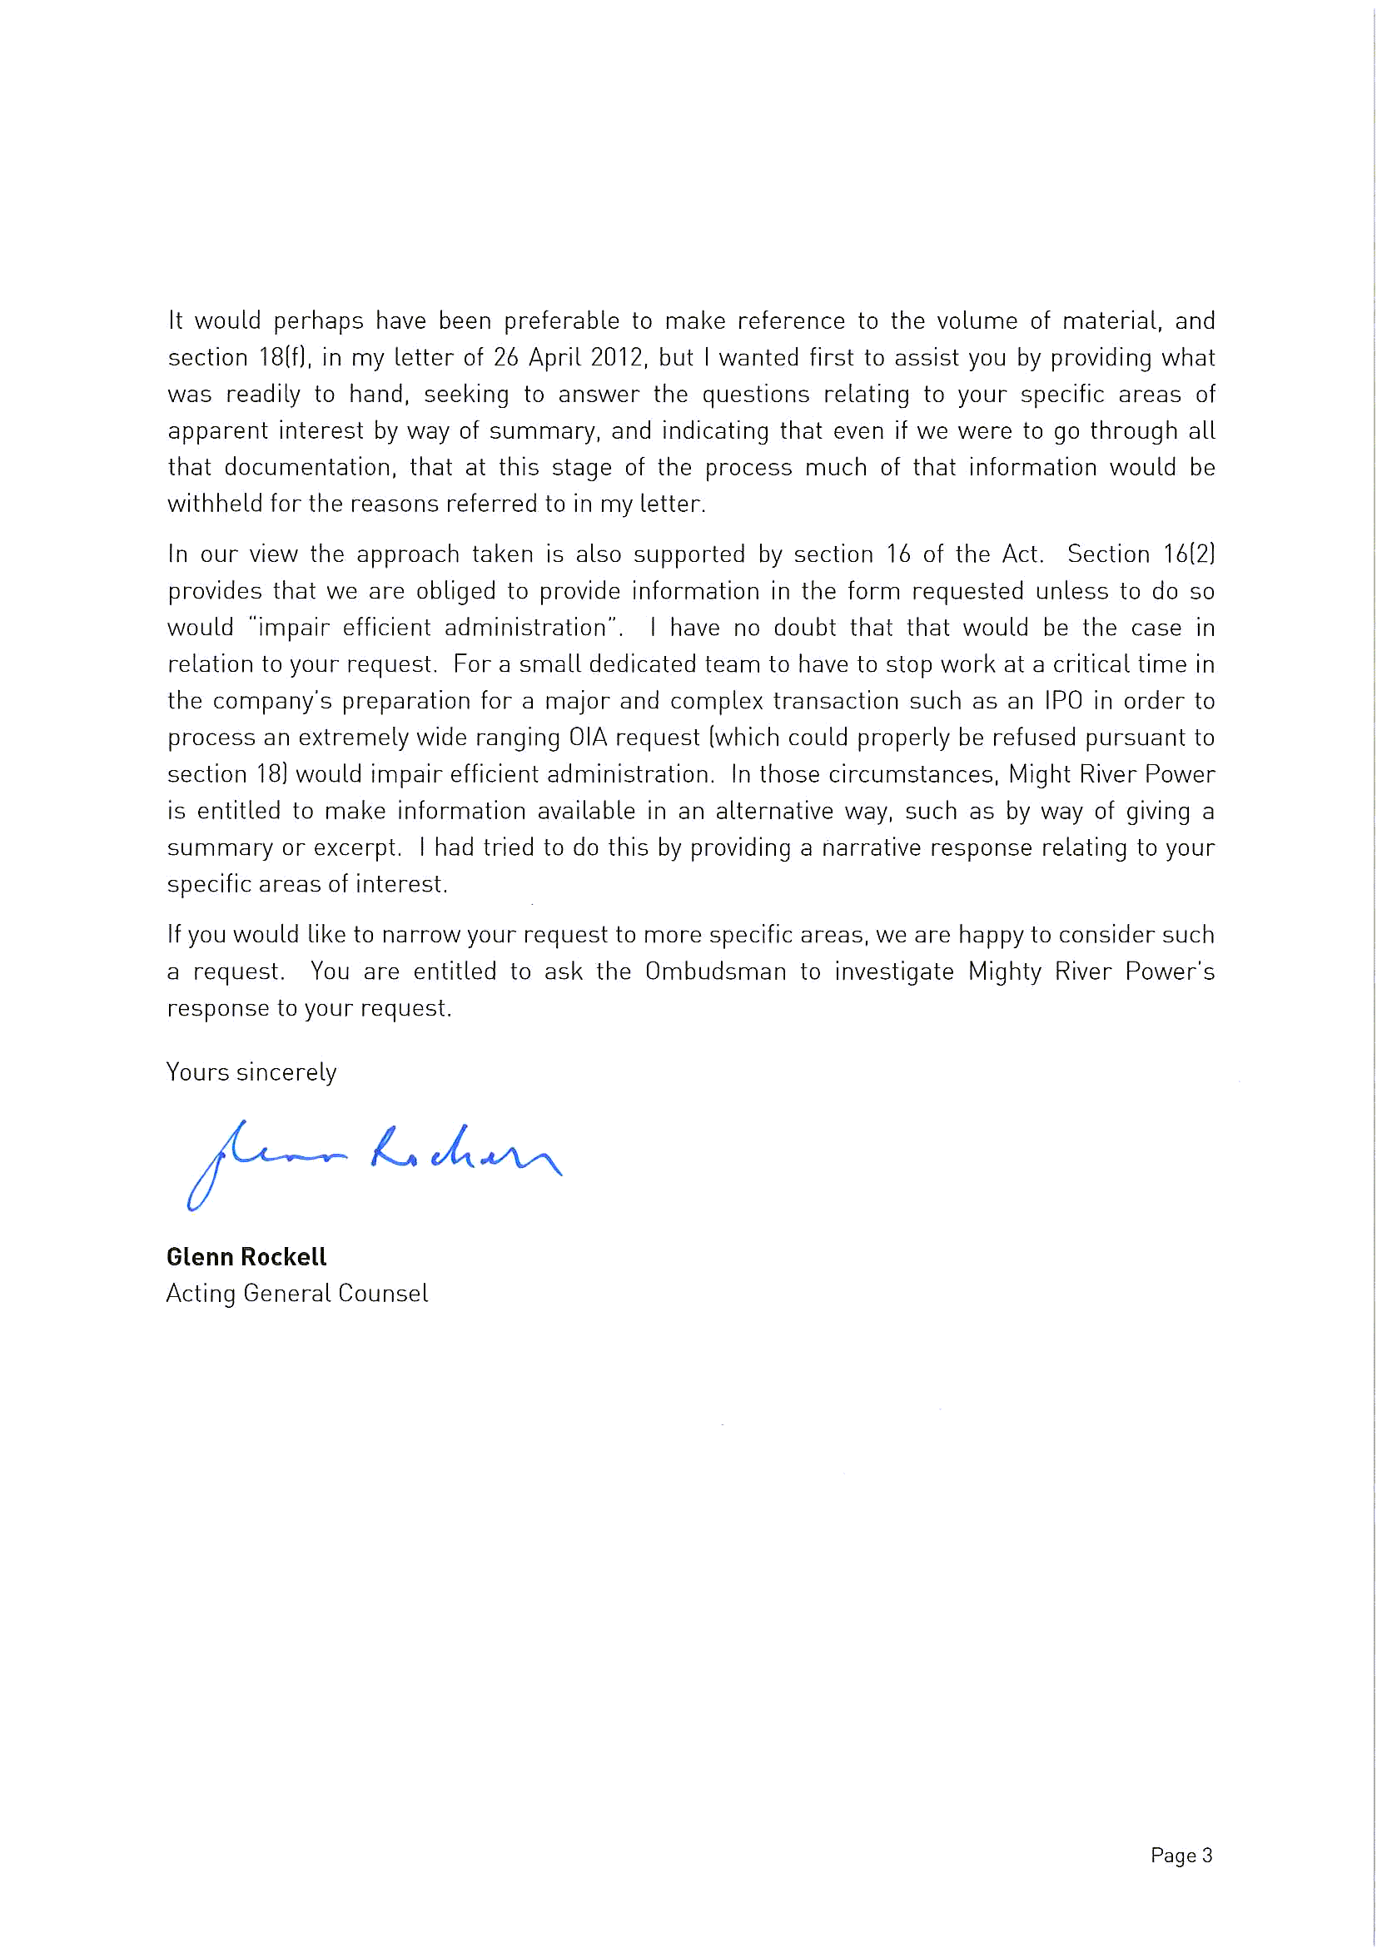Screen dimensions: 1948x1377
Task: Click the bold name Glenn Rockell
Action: pos(246,1256)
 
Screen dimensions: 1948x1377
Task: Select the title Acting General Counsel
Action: pos(297,1293)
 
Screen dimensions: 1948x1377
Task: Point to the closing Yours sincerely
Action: pos(251,1072)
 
